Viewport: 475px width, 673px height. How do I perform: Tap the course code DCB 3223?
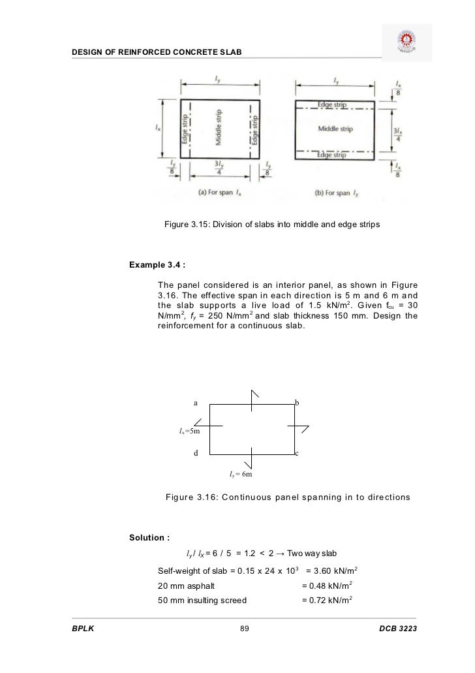397,629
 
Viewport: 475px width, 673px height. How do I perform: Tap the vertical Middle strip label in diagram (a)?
219,129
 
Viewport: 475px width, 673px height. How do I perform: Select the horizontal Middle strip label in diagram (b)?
335,129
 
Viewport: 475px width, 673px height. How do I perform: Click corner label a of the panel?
194,403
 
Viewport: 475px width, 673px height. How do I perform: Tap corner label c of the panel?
297,453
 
